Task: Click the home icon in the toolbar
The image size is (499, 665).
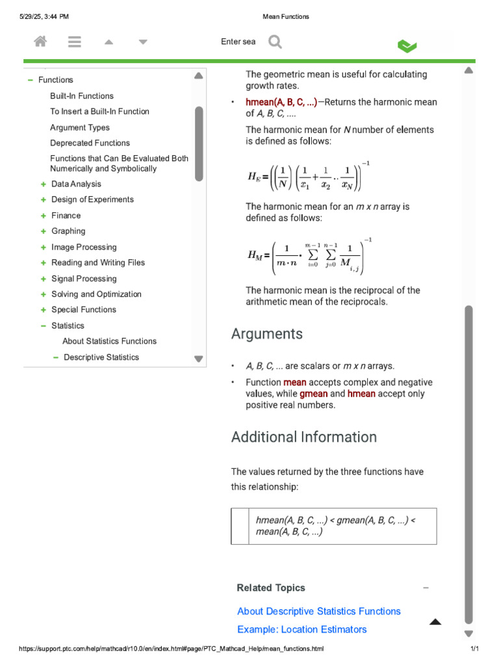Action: [x=40, y=42]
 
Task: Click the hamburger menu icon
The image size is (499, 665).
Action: [x=75, y=42]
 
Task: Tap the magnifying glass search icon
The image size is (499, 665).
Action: [x=275, y=42]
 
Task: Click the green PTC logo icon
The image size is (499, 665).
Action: [x=407, y=45]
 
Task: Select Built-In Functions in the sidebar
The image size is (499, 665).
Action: [x=82, y=96]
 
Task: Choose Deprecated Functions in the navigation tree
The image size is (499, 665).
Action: [x=90, y=143]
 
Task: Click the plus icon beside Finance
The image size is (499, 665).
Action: [x=44, y=216]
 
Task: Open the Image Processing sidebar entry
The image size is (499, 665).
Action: [x=84, y=247]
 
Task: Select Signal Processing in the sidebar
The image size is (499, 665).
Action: [x=84, y=279]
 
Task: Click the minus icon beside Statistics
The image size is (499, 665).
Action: [x=44, y=326]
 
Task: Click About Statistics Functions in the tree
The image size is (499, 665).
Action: [x=109, y=342]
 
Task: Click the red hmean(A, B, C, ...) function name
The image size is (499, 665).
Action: [x=281, y=103]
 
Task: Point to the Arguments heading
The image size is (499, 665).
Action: [x=267, y=334]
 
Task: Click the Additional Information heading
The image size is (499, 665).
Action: [x=304, y=437]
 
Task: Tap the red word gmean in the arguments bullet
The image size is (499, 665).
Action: [x=313, y=394]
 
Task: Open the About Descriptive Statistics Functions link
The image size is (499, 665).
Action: [x=319, y=611]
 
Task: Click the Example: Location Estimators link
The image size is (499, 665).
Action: [x=301, y=629]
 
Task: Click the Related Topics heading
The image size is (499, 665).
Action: [x=271, y=588]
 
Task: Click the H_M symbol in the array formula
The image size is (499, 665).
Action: [x=255, y=256]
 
